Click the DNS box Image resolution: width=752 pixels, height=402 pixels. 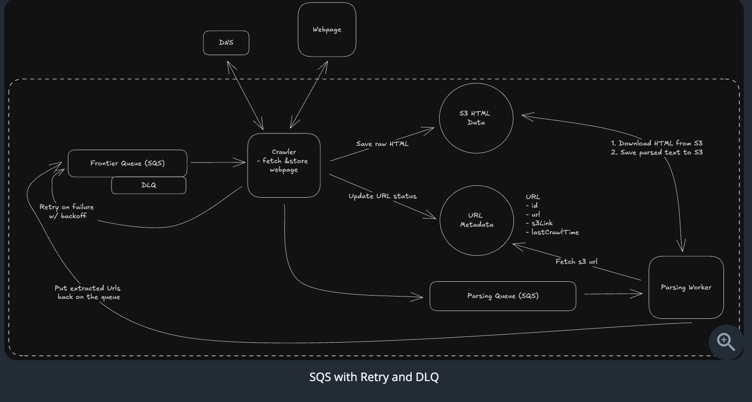click(x=226, y=43)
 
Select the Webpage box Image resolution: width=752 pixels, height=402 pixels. click(x=327, y=29)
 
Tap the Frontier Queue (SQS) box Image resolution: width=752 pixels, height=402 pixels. click(x=127, y=163)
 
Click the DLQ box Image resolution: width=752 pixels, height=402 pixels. click(x=149, y=185)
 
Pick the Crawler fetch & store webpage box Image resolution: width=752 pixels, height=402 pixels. click(x=284, y=165)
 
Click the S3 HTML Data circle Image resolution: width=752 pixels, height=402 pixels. click(x=476, y=118)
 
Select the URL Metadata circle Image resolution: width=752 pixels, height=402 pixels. click(x=476, y=220)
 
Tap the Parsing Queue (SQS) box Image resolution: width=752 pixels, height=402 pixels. click(x=502, y=296)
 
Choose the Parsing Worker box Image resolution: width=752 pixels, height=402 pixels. click(x=686, y=287)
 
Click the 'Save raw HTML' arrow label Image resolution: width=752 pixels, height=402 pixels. click(x=382, y=144)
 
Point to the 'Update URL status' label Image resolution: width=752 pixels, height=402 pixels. click(x=382, y=196)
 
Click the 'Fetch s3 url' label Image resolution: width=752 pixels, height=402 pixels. click(x=576, y=262)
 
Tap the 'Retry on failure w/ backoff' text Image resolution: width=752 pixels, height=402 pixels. click(x=67, y=211)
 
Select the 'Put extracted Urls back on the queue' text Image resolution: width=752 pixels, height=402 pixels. click(x=88, y=293)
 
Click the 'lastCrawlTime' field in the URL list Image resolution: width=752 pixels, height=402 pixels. click(x=554, y=232)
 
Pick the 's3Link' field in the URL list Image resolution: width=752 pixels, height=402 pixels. click(x=541, y=223)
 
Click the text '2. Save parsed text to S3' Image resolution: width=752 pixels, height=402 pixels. click(x=656, y=153)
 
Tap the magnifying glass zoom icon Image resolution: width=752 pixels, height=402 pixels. click(x=725, y=341)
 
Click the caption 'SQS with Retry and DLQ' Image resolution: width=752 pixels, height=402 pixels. click(x=374, y=377)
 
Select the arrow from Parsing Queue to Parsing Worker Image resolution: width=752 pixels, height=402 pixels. click(x=613, y=294)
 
